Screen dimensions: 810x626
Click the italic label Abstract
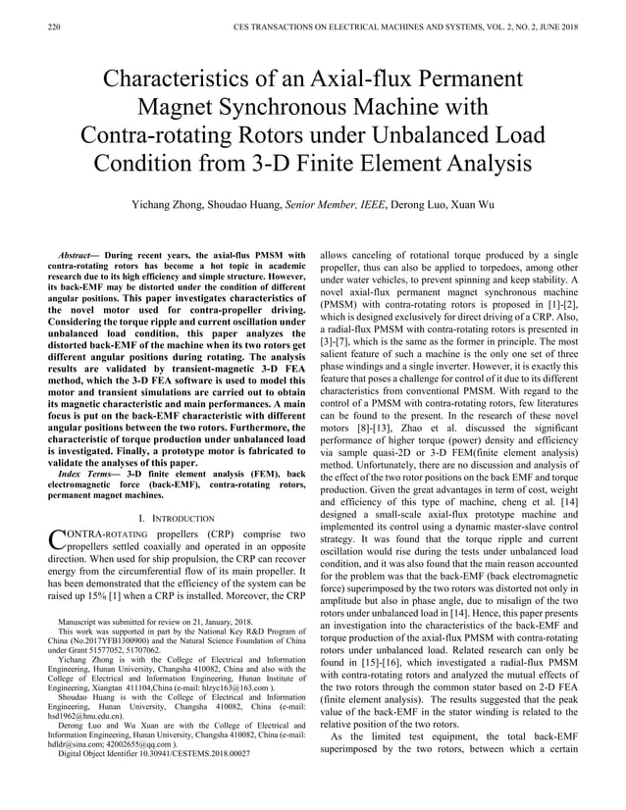[x=81, y=255]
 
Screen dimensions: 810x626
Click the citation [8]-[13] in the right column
[x=373, y=400]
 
